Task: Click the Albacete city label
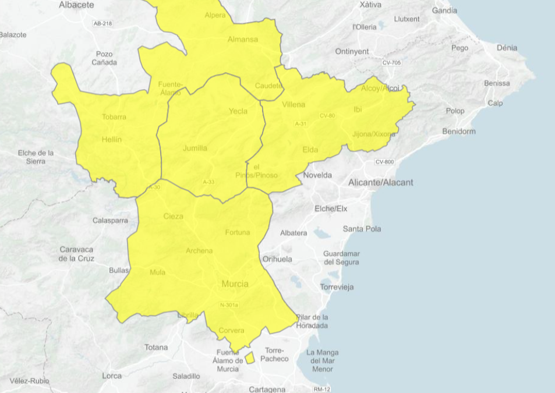[x=76, y=5]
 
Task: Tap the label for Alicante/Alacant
[x=380, y=182]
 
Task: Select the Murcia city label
[x=235, y=284]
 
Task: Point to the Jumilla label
[x=195, y=148]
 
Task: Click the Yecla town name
[x=238, y=111]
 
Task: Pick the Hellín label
[x=111, y=140]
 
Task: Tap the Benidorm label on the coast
[x=458, y=131]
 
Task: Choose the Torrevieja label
[x=337, y=287]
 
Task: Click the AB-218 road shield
[x=102, y=23]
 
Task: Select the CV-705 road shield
[x=391, y=62]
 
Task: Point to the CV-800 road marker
[x=384, y=162]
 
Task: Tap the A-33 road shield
[x=208, y=182]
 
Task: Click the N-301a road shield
[x=229, y=305]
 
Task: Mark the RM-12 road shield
[x=321, y=389]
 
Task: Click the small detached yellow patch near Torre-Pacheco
[x=249, y=357]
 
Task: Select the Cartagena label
[x=267, y=389]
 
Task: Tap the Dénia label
[x=507, y=48]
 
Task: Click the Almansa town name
[x=242, y=40]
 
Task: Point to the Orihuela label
[x=277, y=259]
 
